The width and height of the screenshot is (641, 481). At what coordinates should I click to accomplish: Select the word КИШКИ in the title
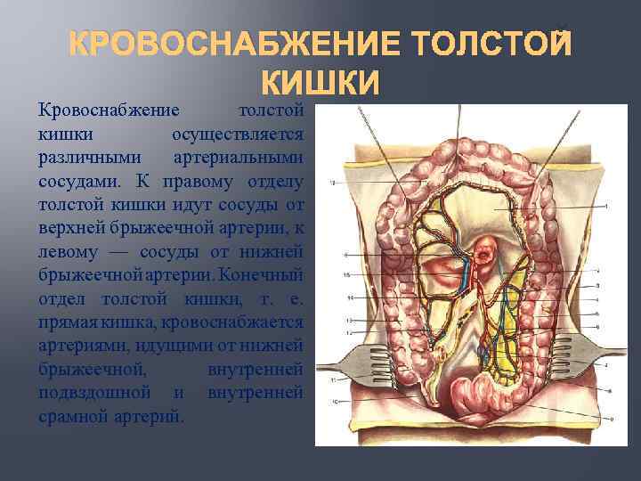[x=321, y=82]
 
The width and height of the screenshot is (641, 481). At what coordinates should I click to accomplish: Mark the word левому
[x=69, y=249]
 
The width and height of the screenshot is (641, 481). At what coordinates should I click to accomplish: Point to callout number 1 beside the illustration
[x=606, y=207]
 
